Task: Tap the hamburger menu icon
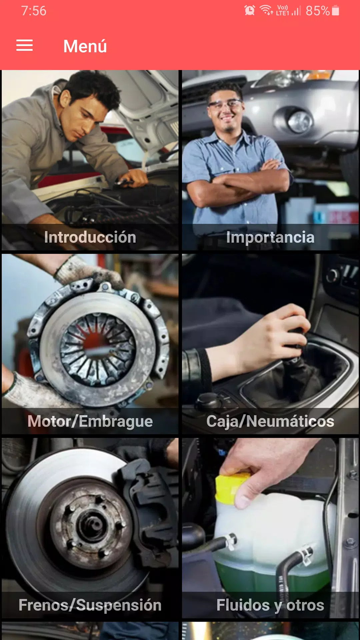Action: (24, 45)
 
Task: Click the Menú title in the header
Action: (85, 46)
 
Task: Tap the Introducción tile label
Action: (90, 237)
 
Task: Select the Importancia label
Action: (270, 237)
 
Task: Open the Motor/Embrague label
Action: (90, 421)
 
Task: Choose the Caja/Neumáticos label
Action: (270, 421)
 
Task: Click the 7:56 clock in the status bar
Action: (34, 11)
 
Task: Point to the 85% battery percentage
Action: (318, 11)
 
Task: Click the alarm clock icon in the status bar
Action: (250, 11)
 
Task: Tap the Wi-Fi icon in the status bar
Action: (266, 10)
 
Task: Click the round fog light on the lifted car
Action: (300, 122)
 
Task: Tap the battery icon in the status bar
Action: (336, 11)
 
